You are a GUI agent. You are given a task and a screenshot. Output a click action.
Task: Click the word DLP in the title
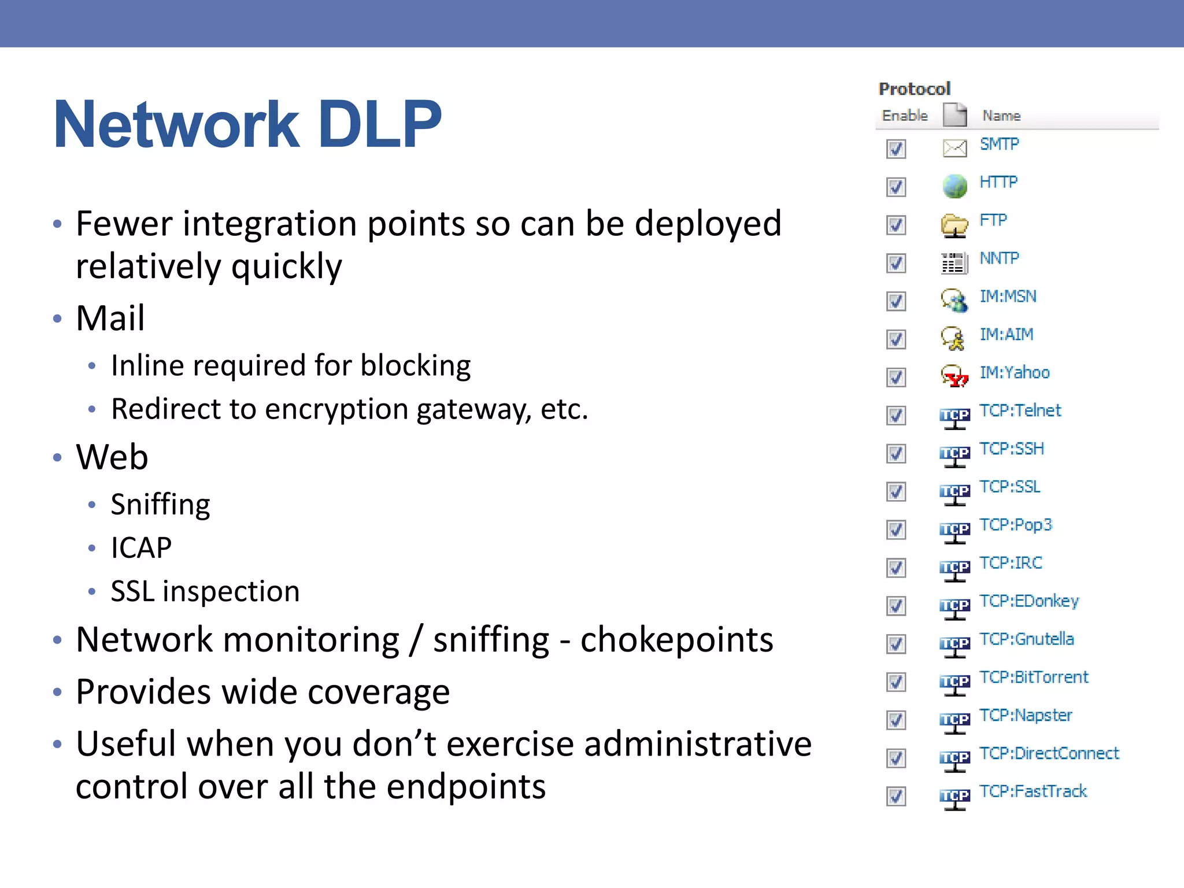pyautogui.click(x=379, y=125)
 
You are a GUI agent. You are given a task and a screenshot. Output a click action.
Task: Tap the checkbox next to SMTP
pyautogui.click(x=896, y=149)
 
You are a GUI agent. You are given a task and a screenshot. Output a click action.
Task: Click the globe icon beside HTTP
pyautogui.click(x=954, y=186)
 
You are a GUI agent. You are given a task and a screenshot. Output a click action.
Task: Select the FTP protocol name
pyautogui.click(x=993, y=220)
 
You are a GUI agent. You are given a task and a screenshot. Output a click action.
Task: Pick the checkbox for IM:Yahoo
pyautogui.click(x=896, y=378)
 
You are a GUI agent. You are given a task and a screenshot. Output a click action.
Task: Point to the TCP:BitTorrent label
pyautogui.click(x=1034, y=678)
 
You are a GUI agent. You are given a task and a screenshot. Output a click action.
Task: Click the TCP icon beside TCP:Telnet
pyautogui.click(x=954, y=417)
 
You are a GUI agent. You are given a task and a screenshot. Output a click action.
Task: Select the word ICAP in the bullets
pyautogui.click(x=141, y=547)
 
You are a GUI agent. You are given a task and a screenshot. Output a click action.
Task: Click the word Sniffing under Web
pyautogui.click(x=160, y=504)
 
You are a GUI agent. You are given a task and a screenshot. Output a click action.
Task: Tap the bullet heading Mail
pyautogui.click(x=110, y=318)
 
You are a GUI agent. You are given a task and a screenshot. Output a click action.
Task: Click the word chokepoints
pyautogui.click(x=676, y=640)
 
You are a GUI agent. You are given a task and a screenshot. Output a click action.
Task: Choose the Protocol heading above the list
pyautogui.click(x=914, y=89)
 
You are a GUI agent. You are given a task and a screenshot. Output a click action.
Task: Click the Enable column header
pyautogui.click(x=904, y=116)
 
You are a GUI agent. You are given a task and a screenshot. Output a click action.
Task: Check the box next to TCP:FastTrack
pyautogui.click(x=896, y=797)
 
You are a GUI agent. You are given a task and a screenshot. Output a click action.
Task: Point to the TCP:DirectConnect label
pyautogui.click(x=1049, y=753)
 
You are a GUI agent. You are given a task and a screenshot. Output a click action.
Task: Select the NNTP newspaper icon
pyautogui.click(x=954, y=263)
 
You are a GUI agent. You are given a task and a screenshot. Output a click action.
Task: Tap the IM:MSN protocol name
pyautogui.click(x=1008, y=297)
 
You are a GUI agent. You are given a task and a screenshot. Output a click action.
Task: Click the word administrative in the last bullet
pyautogui.click(x=697, y=744)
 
